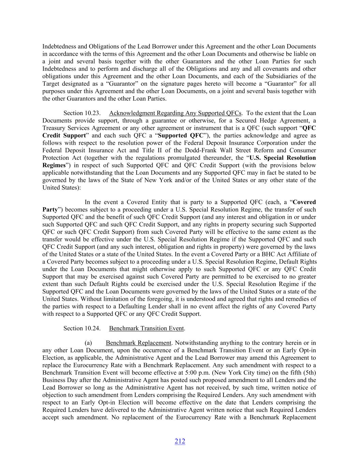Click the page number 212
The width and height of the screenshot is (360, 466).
pyautogui.click(x=180, y=441)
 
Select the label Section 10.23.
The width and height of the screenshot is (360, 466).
pyautogui.click(x=82, y=113)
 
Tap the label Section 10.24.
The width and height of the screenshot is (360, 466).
pyautogui.click(x=82, y=328)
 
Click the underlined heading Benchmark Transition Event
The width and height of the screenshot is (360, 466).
pyautogui.click(x=146, y=328)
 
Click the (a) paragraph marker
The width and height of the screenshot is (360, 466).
pyautogui.click(x=88, y=343)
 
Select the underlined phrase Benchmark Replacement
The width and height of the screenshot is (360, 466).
pyautogui.click(x=138, y=343)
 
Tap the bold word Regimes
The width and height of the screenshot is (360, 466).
pyautogui.click(x=54, y=165)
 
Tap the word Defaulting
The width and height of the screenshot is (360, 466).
pyautogui.click(x=138, y=306)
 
